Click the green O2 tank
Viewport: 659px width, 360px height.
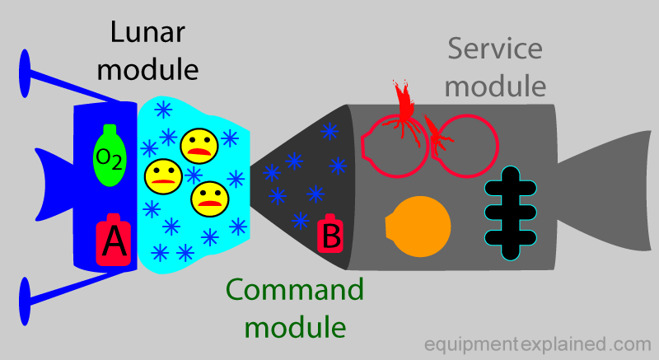tap(110, 156)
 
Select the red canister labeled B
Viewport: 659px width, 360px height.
tap(329, 236)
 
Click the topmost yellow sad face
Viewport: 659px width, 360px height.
tap(199, 145)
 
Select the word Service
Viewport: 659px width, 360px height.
tap(495, 49)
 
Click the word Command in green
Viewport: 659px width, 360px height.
tap(294, 291)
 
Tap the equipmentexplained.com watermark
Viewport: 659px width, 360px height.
tap(538, 343)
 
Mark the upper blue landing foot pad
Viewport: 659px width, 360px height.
tap(26, 68)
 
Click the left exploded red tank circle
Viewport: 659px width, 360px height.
tap(395, 140)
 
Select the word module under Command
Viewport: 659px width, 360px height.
tap(296, 326)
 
